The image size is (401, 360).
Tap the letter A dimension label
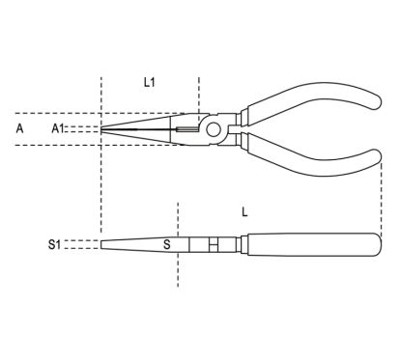pos(20,126)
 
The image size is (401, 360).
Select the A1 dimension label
pos(57,127)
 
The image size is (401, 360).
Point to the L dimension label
pos(245,211)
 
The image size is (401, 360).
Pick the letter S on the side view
pos(166,244)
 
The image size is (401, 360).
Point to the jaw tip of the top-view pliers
pos(104,127)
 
